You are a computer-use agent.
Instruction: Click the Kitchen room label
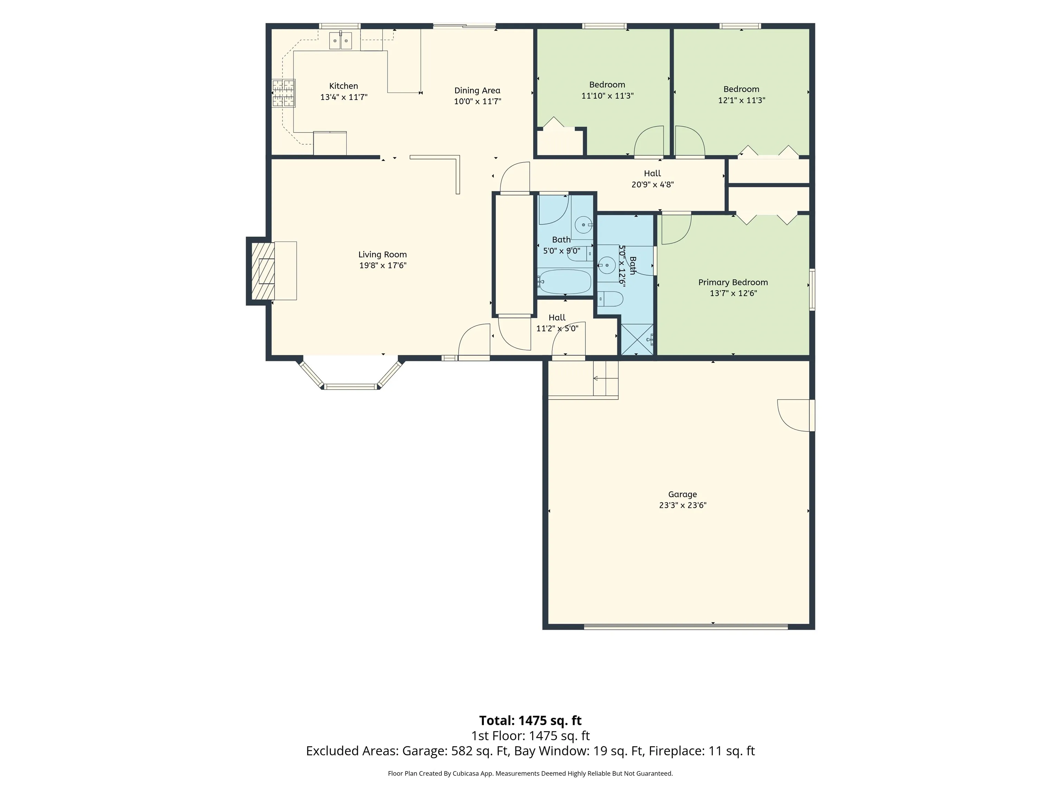[343, 86]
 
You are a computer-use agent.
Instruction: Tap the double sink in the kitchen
[341, 40]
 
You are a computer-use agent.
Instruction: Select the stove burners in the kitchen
[284, 93]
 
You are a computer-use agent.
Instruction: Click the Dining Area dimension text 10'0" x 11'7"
[478, 101]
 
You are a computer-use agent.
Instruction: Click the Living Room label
[382, 254]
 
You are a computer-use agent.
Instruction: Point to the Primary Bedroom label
[733, 282]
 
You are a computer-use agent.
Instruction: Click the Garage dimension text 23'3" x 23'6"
[682, 505]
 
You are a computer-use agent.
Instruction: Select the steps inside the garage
[606, 378]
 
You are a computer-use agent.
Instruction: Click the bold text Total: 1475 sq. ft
[530, 720]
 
